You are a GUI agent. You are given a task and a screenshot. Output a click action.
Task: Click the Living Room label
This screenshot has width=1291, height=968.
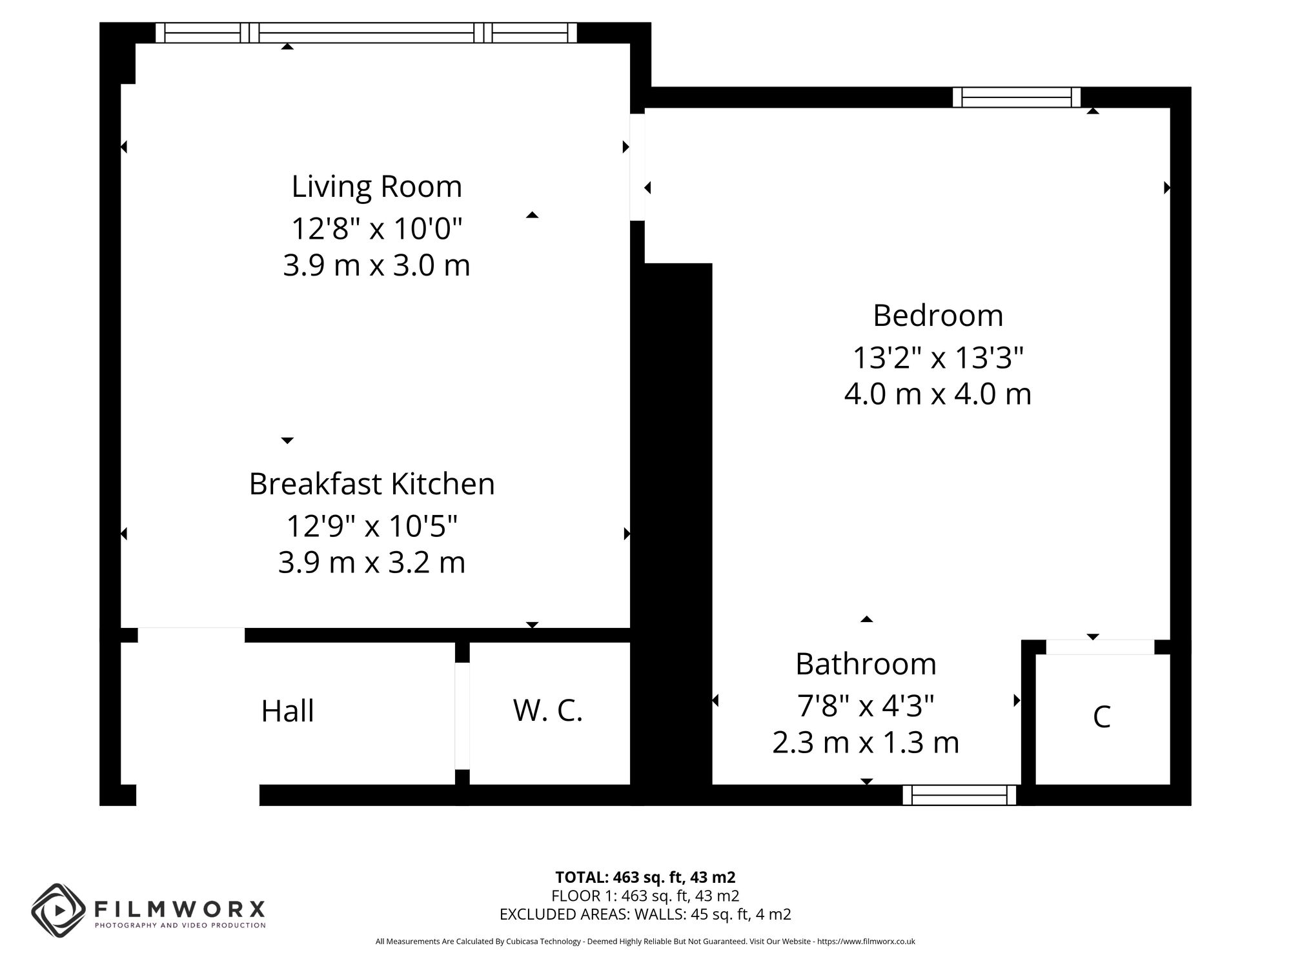coord(377,187)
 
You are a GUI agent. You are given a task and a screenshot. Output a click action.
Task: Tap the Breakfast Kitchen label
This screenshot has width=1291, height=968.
coord(372,484)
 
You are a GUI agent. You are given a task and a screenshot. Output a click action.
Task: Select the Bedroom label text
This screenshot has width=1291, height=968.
coord(938,316)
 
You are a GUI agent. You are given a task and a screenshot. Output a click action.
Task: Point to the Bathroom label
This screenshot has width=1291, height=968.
coord(866,664)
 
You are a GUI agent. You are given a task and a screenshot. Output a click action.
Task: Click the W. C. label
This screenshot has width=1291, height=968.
coord(548,711)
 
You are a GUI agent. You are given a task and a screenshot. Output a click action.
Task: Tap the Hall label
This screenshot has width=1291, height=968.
coord(287,711)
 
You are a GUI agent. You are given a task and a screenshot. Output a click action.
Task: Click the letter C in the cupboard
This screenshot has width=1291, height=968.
coord(1101,717)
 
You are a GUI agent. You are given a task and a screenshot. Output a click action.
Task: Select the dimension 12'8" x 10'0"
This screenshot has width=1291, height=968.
coord(377,228)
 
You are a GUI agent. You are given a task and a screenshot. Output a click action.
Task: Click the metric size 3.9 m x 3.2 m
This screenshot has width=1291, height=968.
coord(372,562)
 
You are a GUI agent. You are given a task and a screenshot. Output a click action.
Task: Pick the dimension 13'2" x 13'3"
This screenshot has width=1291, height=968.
coord(938,358)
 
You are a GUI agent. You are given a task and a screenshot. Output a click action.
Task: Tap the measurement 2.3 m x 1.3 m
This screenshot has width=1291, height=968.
coord(866,743)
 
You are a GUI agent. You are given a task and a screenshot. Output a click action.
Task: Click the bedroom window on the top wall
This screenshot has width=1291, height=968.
coord(1017,97)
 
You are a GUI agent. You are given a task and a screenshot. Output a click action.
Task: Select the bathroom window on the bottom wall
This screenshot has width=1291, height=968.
coord(959,795)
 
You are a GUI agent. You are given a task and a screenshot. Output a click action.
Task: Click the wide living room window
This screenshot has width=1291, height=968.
coord(366,32)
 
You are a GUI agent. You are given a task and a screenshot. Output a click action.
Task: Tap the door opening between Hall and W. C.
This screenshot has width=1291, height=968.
coord(462,716)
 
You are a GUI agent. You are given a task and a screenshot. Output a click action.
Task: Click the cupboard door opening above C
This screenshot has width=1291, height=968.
coord(1100,647)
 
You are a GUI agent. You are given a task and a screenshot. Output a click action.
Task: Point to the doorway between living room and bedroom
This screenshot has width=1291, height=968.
coord(637,167)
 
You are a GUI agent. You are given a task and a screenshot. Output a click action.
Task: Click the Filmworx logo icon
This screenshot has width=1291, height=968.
coord(59,911)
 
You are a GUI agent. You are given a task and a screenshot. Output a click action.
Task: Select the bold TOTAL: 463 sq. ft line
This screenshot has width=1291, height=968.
coord(645,878)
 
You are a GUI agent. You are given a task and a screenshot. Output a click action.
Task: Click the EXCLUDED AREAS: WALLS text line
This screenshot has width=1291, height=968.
coord(645,914)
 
